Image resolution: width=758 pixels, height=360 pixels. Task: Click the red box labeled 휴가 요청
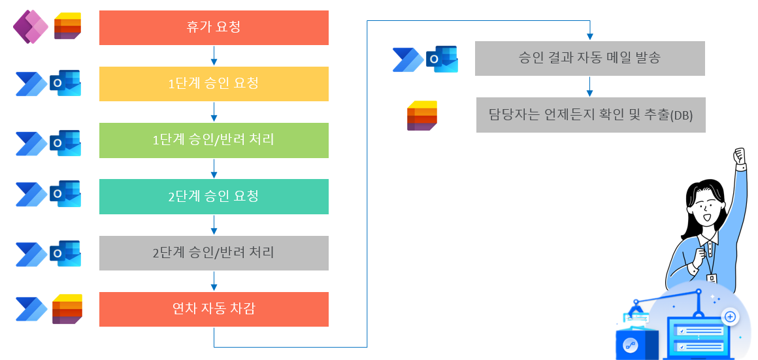point(214,27)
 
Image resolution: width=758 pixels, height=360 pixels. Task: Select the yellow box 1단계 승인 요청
point(214,84)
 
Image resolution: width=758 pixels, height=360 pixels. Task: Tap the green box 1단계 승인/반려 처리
point(214,140)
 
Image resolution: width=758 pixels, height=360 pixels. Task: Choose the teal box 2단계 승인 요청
point(214,196)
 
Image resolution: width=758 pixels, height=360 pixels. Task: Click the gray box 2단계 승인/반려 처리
point(214,253)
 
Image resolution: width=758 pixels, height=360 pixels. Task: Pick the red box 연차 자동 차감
point(214,309)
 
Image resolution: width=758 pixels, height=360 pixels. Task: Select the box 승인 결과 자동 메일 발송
point(590,58)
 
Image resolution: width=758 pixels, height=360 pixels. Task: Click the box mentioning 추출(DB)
point(591,115)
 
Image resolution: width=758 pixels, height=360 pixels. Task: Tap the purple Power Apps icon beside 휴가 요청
point(31,27)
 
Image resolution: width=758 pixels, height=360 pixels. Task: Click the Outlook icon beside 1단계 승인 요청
point(65,84)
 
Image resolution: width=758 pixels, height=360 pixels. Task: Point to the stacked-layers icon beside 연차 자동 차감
point(67,309)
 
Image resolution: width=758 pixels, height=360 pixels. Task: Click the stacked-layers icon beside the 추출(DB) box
point(422,116)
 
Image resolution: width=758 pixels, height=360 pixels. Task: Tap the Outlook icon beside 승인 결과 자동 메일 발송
point(442,59)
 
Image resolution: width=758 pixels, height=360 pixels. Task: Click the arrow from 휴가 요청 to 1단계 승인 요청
point(214,56)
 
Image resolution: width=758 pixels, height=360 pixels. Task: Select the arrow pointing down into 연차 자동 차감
point(214,281)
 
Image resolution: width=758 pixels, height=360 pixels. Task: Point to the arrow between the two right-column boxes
point(590,86)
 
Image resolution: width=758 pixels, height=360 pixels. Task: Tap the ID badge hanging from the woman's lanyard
point(712,279)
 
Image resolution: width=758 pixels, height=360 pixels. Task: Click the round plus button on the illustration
point(731,317)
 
